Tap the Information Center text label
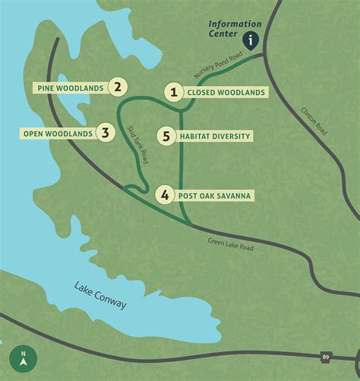[235, 29]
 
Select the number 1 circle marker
[174, 93]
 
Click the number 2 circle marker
[116, 87]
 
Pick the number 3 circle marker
[106, 134]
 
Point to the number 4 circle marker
[166, 195]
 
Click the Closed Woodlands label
[226, 93]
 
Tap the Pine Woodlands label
[70, 87]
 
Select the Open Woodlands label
[58, 134]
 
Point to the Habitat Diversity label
[215, 137]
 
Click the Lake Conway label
[100, 295]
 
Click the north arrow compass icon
[24, 357]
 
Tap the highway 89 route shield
[326, 355]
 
